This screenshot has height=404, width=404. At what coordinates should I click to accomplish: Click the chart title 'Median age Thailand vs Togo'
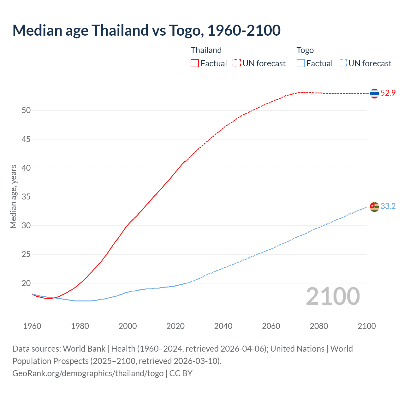[x=146, y=31]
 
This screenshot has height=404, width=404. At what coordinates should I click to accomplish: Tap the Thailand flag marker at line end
[x=374, y=93]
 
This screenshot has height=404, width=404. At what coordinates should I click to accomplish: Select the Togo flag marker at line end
[x=374, y=207]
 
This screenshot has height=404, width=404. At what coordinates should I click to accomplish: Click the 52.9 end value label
[x=388, y=93]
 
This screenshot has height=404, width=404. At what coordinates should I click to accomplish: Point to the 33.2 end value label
[x=388, y=206]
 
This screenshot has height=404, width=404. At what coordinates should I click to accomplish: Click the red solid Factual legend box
[x=195, y=63]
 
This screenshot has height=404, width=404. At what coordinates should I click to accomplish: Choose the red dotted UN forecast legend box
[x=237, y=63]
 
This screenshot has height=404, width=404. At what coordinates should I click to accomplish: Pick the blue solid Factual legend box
[x=301, y=63]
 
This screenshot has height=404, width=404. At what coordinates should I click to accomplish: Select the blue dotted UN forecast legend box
[x=343, y=63]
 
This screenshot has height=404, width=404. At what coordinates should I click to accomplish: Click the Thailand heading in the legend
[x=206, y=50]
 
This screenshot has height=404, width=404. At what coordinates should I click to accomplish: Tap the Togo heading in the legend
[x=305, y=50]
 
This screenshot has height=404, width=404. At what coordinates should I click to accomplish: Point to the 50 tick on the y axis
[x=26, y=110]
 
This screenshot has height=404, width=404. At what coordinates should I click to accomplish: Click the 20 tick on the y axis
[x=26, y=283]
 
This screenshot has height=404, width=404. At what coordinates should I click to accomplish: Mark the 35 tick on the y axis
[x=26, y=197]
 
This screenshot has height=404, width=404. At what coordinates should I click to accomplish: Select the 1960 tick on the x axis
[x=32, y=326]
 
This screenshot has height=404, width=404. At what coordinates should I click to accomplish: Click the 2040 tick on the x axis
[x=223, y=326]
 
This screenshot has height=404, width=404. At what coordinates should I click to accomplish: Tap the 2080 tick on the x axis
[x=319, y=326]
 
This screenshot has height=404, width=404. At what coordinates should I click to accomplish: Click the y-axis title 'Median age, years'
[x=13, y=196]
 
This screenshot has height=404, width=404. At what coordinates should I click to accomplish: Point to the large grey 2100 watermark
[x=333, y=296]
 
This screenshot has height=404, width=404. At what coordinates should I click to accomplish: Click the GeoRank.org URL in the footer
[x=88, y=373]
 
